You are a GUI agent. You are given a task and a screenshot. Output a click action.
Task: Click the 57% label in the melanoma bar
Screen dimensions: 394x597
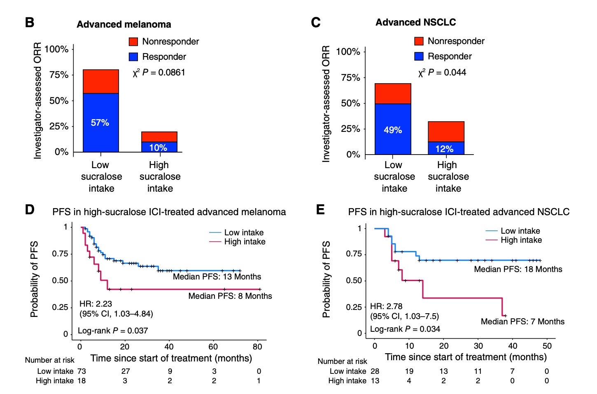coord(100,122)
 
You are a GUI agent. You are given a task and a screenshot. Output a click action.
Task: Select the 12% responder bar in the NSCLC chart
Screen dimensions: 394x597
coord(446,148)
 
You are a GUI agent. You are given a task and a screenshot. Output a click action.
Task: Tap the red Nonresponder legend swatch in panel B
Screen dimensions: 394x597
coord(133,42)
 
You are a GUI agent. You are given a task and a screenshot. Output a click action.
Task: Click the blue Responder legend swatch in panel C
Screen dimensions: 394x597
coord(419,56)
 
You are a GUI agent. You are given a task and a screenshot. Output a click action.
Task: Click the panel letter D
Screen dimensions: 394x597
coord(30,209)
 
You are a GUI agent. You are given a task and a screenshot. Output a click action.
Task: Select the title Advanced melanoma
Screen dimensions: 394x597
coord(124,24)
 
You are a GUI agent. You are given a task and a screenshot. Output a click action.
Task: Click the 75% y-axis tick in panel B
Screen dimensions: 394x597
coord(59,75)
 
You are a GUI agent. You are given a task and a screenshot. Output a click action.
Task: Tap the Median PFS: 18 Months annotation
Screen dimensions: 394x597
coord(518,269)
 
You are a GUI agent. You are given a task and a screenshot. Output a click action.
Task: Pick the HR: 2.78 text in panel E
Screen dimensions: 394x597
coord(386,306)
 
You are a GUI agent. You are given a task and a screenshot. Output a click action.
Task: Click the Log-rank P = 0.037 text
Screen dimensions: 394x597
coord(113,331)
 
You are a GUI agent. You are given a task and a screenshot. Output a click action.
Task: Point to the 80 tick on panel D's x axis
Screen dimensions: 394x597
coord(257,347)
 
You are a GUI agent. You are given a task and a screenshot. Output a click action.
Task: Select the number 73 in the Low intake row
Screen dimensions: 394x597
coord(82,371)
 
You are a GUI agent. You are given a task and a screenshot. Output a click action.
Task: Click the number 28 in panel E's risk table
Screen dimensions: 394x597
coord(375,371)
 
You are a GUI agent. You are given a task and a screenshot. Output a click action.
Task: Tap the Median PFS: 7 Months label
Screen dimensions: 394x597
coord(522,321)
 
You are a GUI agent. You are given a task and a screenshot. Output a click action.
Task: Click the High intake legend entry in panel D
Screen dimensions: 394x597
coord(245,242)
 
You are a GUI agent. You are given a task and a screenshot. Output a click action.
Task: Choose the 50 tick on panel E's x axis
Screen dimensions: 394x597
coord(547,345)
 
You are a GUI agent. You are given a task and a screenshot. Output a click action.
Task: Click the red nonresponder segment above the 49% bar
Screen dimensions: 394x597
coord(393,94)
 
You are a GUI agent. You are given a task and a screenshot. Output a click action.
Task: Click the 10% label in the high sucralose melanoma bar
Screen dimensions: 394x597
coord(158,148)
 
